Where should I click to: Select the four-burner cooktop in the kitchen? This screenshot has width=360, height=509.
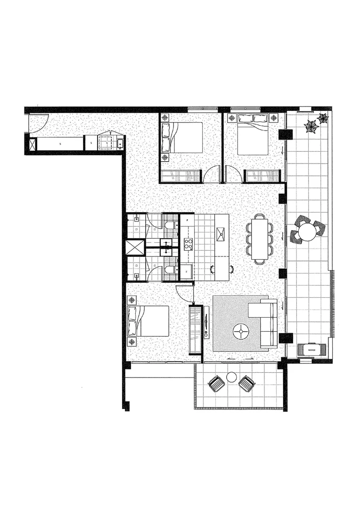click(188, 244)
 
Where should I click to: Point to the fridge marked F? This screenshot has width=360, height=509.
click(187, 272)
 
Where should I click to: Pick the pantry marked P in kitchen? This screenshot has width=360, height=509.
click(187, 220)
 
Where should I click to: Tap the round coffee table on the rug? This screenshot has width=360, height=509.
click(241, 332)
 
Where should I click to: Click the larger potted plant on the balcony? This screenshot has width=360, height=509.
click(311, 126)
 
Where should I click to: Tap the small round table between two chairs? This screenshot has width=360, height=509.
click(231, 377)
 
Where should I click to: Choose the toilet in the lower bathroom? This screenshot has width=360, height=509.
click(170, 269)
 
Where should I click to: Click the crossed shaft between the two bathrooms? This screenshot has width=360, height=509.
click(135, 248)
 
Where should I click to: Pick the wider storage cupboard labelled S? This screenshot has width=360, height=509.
click(60, 143)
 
